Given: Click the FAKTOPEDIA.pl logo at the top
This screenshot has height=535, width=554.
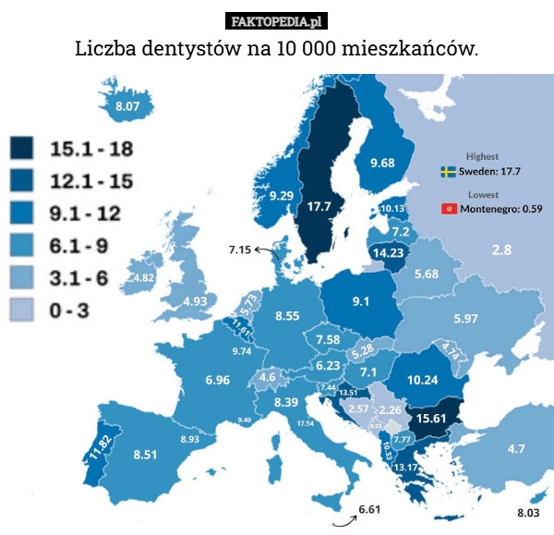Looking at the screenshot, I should click(276, 21).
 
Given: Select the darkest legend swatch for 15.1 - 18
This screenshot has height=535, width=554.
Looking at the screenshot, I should click(22, 148).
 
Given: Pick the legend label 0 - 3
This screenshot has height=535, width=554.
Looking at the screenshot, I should click(69, 311).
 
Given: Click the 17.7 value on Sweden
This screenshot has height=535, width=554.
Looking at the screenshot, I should click(319, 206).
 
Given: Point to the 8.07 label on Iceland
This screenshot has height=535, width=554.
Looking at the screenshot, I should click(127, 107).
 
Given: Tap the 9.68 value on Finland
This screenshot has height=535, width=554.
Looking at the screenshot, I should click(382, 163).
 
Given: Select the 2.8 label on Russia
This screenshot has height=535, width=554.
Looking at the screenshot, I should click(501, 249).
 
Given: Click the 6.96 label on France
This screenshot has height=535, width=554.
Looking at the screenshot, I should click(218, 380).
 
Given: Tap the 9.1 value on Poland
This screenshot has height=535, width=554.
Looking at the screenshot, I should click(361, 300).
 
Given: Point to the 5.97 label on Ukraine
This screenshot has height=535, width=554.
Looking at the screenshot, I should click(465, 319).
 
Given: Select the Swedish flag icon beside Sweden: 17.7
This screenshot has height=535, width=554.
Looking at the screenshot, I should click(448, 172).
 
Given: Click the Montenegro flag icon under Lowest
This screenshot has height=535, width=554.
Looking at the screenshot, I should click(449, 209).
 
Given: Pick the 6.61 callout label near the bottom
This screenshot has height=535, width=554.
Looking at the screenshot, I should click(368, 509).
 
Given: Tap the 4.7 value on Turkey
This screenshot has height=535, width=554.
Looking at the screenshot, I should click(516, 449).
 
